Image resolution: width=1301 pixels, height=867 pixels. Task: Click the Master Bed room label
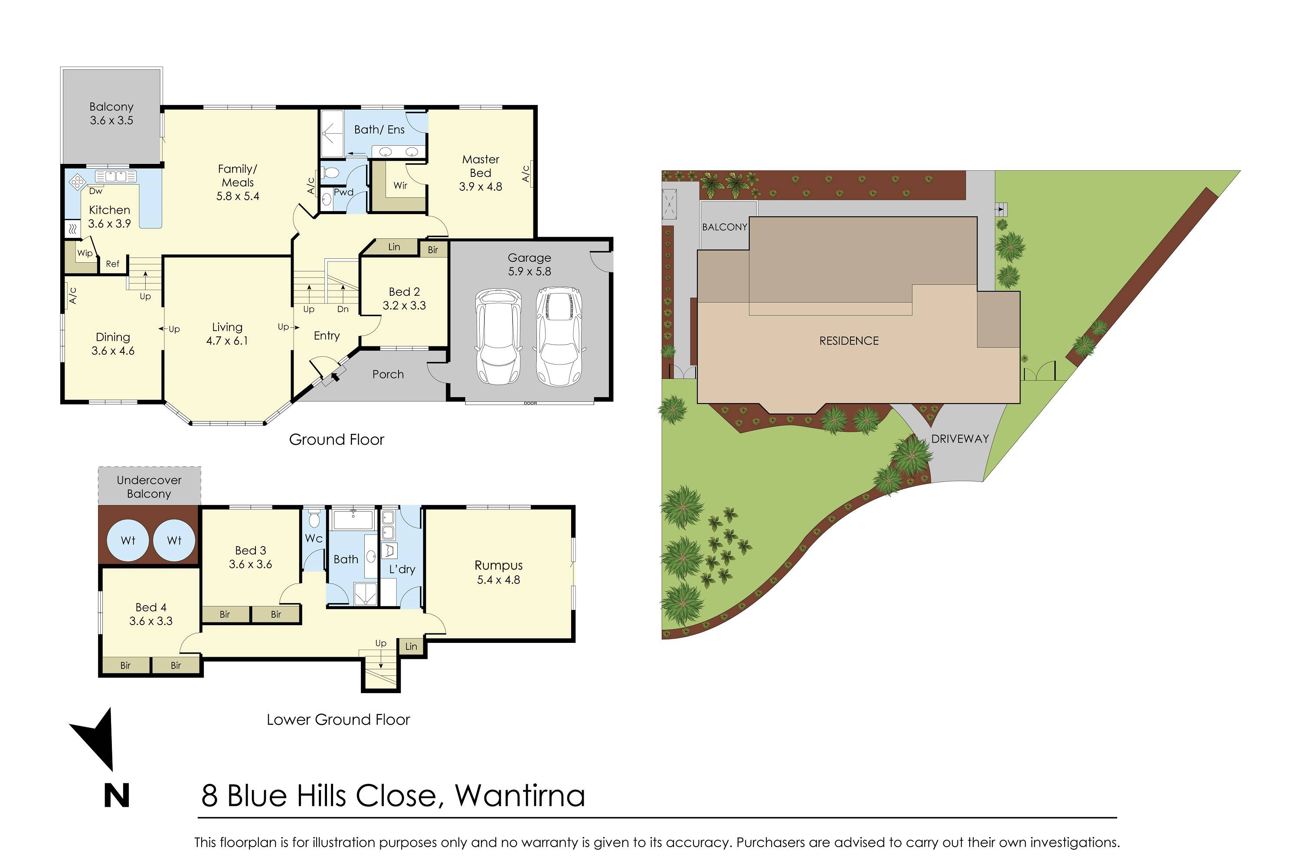pos(480,166)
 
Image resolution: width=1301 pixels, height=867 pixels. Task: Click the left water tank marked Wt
pos(128,540)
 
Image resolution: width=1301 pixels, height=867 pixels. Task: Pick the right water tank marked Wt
pos(174,540)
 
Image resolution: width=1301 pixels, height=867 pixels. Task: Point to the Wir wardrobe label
pos(400,185)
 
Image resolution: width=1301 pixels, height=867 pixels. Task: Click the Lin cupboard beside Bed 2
pos(394,247)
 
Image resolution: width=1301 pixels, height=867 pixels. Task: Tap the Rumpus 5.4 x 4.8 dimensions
pos(498,580)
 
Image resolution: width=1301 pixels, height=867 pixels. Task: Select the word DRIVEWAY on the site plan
pos(960,438)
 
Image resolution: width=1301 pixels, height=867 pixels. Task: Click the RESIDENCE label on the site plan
pos(849,341)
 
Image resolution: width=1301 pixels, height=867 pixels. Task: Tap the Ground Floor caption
pos(337,440)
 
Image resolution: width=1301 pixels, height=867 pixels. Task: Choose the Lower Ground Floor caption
pos(338,719)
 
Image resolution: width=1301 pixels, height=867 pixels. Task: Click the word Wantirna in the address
pos(520,795)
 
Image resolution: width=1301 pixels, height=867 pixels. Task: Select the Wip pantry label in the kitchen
pos(85,253)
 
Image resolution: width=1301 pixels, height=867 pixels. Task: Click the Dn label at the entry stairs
pos(343,309)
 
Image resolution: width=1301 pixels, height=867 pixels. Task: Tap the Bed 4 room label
pos(150,607)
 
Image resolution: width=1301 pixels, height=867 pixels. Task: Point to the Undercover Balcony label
pos(149,486)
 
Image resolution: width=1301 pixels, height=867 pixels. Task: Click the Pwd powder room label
pos(343,192)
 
